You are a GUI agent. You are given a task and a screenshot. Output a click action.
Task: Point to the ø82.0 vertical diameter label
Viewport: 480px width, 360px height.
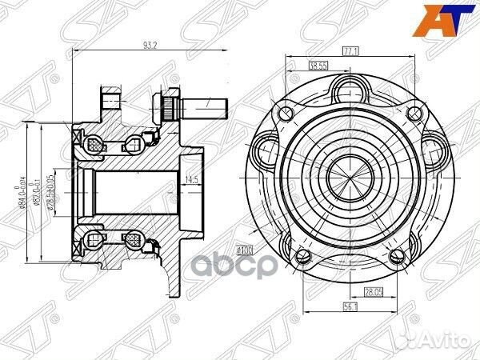pyautogui.click(x=41, y=193)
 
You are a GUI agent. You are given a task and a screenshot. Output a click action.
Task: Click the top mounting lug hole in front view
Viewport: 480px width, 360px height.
pyautogui.click(x=350, y=86)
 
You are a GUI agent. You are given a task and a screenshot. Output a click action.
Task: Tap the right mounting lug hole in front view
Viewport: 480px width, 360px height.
pyautogui.click(x=433, y=148)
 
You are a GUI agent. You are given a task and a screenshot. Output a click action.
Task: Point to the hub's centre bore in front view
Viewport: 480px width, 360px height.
pyautogui.click(x=350, y=174)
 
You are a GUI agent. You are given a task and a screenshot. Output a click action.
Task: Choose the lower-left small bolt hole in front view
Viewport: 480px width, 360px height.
pyautogui.click(x=302, y=255)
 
